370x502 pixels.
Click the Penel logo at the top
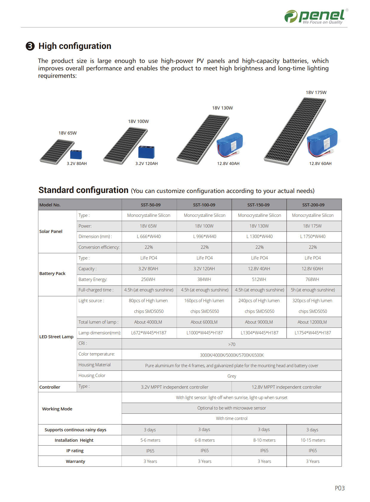(316, 16)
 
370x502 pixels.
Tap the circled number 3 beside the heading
(30, 46)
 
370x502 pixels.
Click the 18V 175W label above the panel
(316, 92)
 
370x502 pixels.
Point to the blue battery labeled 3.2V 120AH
(146, 152)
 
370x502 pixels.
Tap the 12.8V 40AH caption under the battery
(228, 163)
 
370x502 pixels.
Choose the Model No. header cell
(50, 205)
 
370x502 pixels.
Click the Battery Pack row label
(52, 274)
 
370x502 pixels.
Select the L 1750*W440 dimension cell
(313, 237)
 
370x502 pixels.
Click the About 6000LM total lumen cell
(204, 322)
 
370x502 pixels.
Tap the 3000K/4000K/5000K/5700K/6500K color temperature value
(232, 355)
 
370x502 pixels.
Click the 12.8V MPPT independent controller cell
(286, 387)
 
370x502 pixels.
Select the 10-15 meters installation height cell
(313, 440)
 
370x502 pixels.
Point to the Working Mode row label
(57, 409)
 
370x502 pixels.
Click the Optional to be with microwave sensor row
(232, 408)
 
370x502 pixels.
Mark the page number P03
(340, 488)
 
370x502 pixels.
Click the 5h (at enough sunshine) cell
(313, 290)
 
